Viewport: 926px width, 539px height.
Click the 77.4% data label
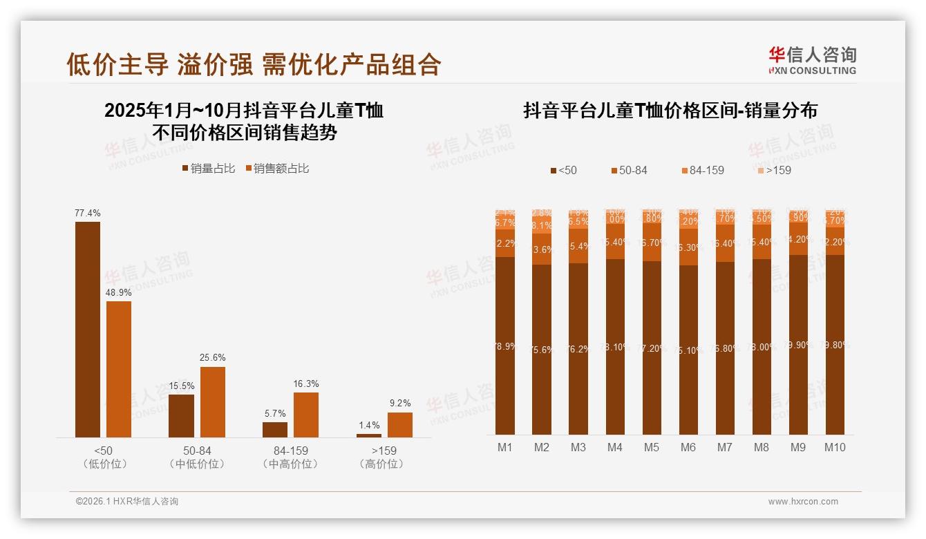pyautogui.click(x=88, y=214)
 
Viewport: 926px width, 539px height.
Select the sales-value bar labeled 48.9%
pyautogui.click(x=119, y=369)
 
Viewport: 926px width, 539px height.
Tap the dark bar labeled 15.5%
pyautogui.click(x=181, y=415)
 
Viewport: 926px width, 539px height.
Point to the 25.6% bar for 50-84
pyautogui.click(x=213, y=401)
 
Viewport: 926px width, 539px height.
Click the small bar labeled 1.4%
pyautogui.click(x=369, y=435)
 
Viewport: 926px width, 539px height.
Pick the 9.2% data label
pyautogui.click(x=400, y=403)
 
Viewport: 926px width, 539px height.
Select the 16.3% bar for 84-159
pyautogui.click(x=306, y=415)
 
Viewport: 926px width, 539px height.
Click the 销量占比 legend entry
pyautogui.click(x=208, y=169)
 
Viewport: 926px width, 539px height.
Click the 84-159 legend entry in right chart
pyautogui.click(x=702, y=170)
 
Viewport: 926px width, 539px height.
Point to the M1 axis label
pyautogui.click(x=505, y=447)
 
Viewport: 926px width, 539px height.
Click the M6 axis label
pyautogui.click(x=688, y=447)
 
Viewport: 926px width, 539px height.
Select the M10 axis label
pyautogui.click(x=835, y=447)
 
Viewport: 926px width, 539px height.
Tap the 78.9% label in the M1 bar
pyautogui.click(x=505, y=346)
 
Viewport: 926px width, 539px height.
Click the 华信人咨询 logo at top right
pyautogui.click(x=812, y=60)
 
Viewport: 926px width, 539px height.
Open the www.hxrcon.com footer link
pyautogui.click(x=803, y=502)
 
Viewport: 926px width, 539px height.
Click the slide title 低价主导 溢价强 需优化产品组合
pyautogui.click(x=254, y=64)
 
